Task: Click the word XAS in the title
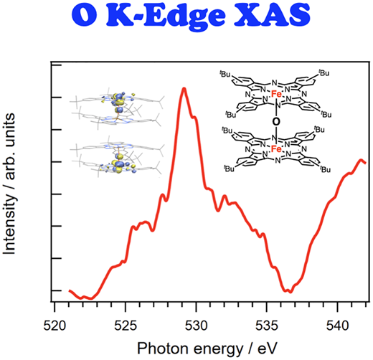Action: pyautogui.click(x=272, y=15)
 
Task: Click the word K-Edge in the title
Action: pyautogui.click(x=166, y=16)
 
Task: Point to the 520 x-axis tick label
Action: pyautogui.click(x=55, y=326)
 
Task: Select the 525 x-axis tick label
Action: pyautogui.click(x=126, y=326)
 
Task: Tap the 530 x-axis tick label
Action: pyautogui.click(x=196, y=326)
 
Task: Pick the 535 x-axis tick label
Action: pyautogui.click(x=267, y=326)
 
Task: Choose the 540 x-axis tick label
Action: pyautogui.click(x=337, y=326)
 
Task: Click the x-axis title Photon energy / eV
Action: pyautogui.click(x=207, y=349)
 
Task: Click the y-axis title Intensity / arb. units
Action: pyautogui.click(x=9, y=184)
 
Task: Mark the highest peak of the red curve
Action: pyautogui.click(x=184, y=89)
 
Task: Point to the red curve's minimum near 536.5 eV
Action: pyautogui.click(x=291, y=291)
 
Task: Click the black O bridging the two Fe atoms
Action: pyautogui.click(x=276, y=122)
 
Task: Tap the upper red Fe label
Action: pyautogui.click(x=276, y=94)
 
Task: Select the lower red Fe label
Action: pyautogui.click(x=276, y=149)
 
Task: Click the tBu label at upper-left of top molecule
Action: pyautogui.click(x=225, y=74)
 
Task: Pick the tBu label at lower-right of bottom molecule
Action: pyautogui.click(x=325, y=169)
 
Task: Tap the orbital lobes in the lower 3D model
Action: pyautogui.click(x=118, y=163)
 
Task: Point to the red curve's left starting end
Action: pyautogui.click(x=70, y=290)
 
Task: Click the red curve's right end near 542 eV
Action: pyautogui.click(x=365, y=163)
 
